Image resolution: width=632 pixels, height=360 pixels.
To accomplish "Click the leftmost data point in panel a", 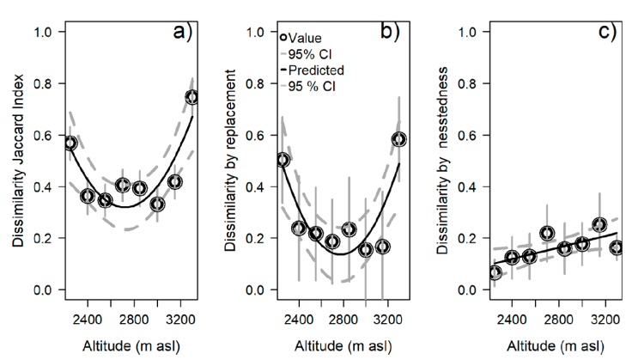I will [70, 143].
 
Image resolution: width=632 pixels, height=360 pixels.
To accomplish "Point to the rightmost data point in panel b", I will [399, 139].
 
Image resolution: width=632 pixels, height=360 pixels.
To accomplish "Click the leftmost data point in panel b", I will [283, 160].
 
